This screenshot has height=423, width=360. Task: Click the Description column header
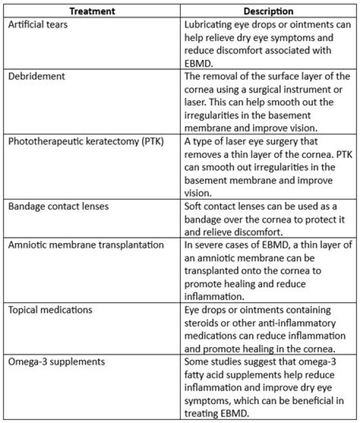268,11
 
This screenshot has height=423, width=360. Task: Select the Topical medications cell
50,310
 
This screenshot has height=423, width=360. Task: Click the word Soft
193,206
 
